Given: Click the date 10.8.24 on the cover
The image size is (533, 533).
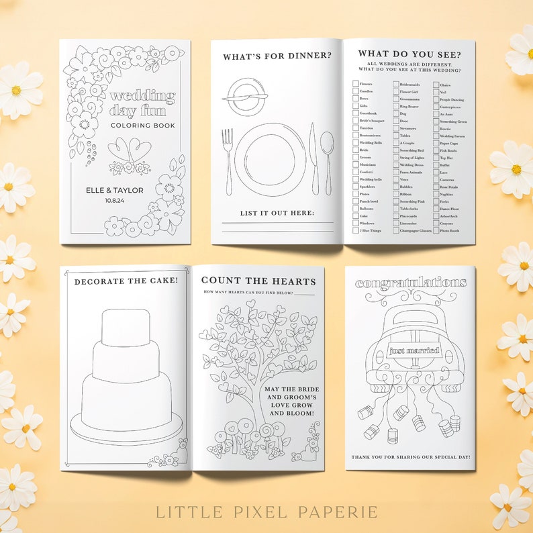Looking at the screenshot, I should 114,199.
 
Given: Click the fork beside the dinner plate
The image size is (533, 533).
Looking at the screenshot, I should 228,160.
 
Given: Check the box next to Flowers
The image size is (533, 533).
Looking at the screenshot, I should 355,84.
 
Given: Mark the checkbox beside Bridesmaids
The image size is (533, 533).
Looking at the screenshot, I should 395,84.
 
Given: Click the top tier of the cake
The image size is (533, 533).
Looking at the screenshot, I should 126,327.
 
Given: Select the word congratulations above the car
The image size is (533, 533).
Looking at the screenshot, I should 411,283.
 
